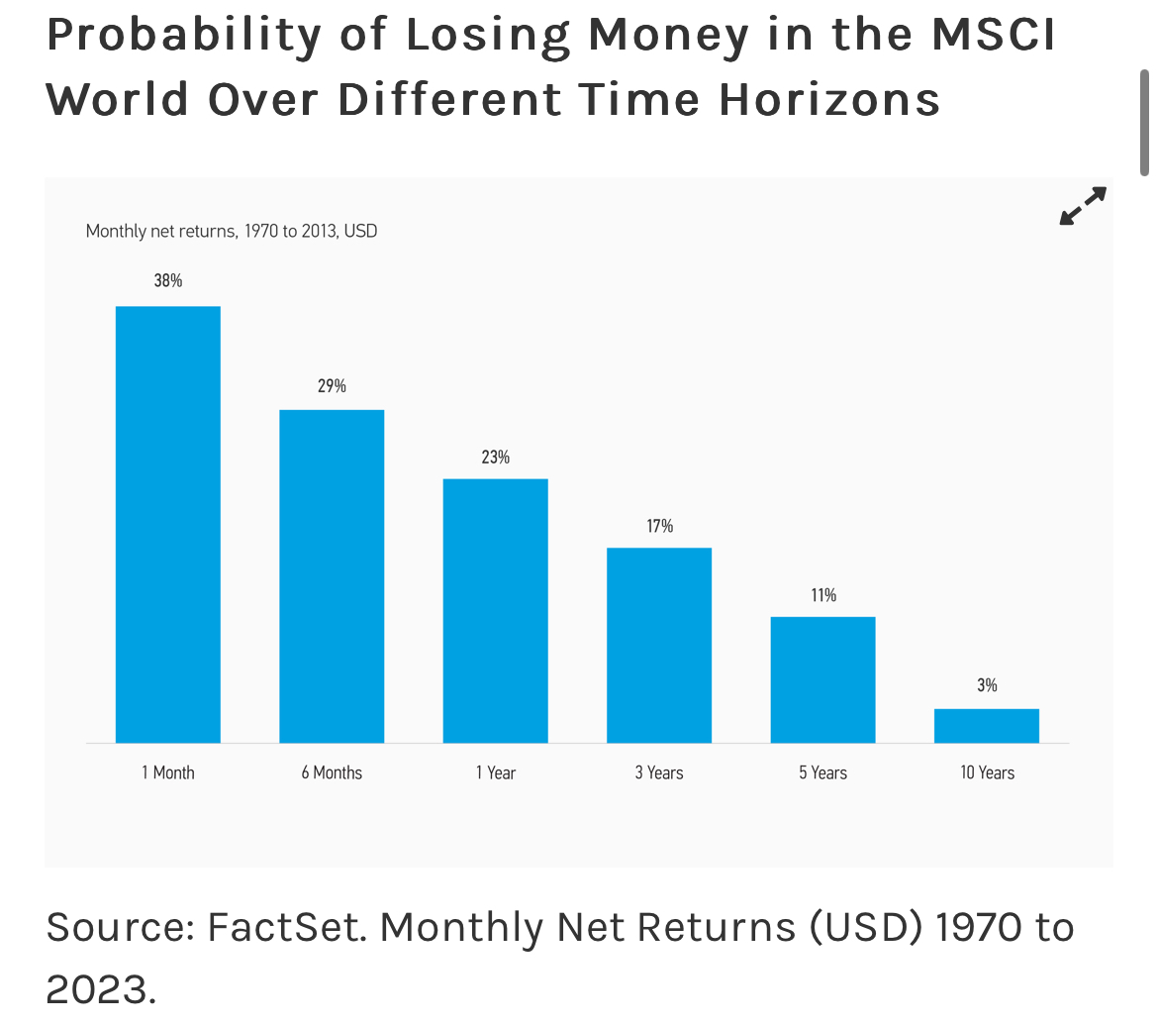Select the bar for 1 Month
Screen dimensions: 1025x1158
click(x=168, y=524)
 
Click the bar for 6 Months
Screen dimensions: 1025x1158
click(x=332, y=575)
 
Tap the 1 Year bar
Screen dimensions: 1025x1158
click(x=496, y=610)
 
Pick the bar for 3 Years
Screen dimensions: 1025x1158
click(x=659, y=645)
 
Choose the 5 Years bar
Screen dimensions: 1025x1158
click(x=823, y=679)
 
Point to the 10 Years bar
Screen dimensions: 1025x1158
click(x=987, y=725)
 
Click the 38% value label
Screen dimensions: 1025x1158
click(x=168, y=280)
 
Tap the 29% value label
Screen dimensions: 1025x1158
click(x=332, y=385)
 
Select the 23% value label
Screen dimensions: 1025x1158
click(x=496, y=457)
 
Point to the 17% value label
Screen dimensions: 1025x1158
click(x=660, y=526)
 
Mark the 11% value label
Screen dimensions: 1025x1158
click(x=823, y=594)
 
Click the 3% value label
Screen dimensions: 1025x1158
click(x=987, y=684)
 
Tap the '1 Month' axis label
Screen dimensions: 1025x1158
click(x=168, y=772)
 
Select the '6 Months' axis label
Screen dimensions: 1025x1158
click(x=332, y=772)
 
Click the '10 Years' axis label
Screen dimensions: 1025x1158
click(x=987, y=772)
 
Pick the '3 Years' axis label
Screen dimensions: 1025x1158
click(x=659, y=772)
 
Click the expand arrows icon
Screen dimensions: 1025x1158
click(x=1083, y=206)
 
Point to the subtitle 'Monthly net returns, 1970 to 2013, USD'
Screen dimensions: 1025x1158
click(x=232, y=231)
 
